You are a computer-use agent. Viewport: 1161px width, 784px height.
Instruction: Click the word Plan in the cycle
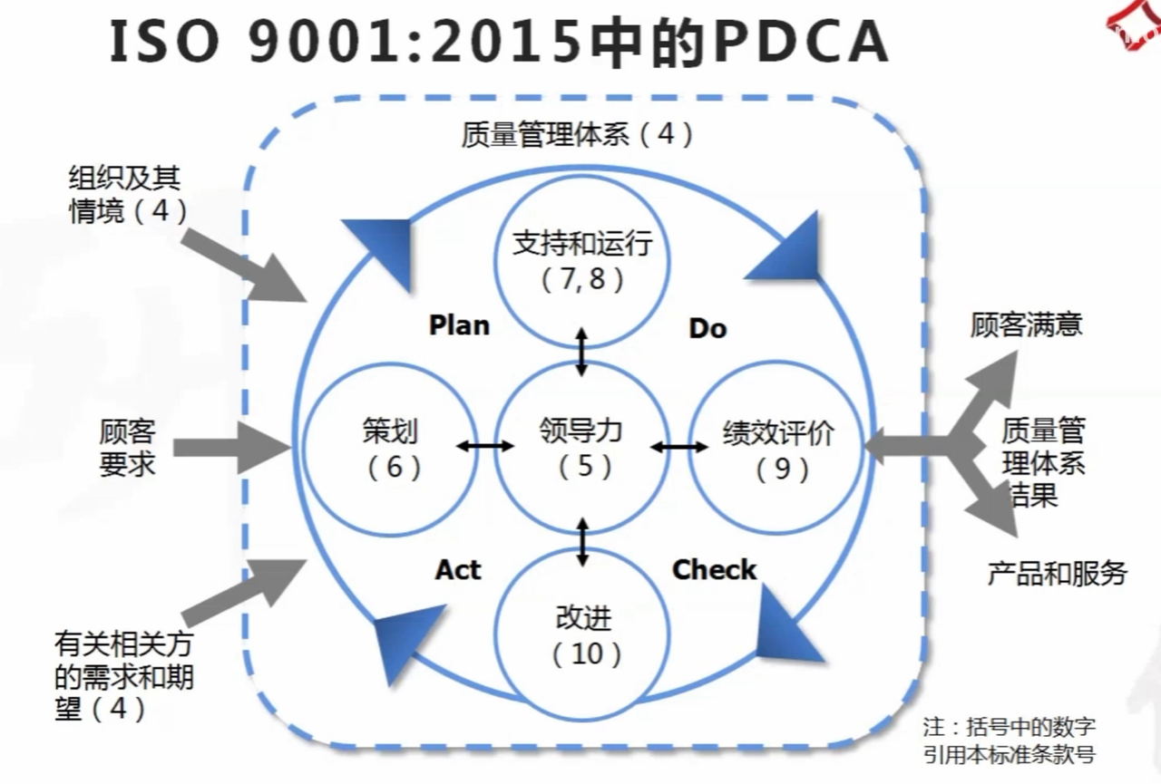[x=459, y=325]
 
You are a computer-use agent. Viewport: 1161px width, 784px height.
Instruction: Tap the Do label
[x=707, y=328]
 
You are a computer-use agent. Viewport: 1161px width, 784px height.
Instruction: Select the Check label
[x=714, y=570]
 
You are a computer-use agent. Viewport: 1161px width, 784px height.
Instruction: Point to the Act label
[x=458, y=570]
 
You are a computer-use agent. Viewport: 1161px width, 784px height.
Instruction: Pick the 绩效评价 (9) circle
[x=778, y=448]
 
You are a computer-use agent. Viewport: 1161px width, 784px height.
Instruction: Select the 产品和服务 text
[x=1057, y=573]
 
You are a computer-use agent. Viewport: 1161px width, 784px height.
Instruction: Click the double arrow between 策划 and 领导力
[x=483, y=446]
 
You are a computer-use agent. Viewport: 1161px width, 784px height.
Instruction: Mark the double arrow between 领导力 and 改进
[x=582, y=541]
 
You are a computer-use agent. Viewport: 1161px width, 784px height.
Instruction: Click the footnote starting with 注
[x=1009, y=740]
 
